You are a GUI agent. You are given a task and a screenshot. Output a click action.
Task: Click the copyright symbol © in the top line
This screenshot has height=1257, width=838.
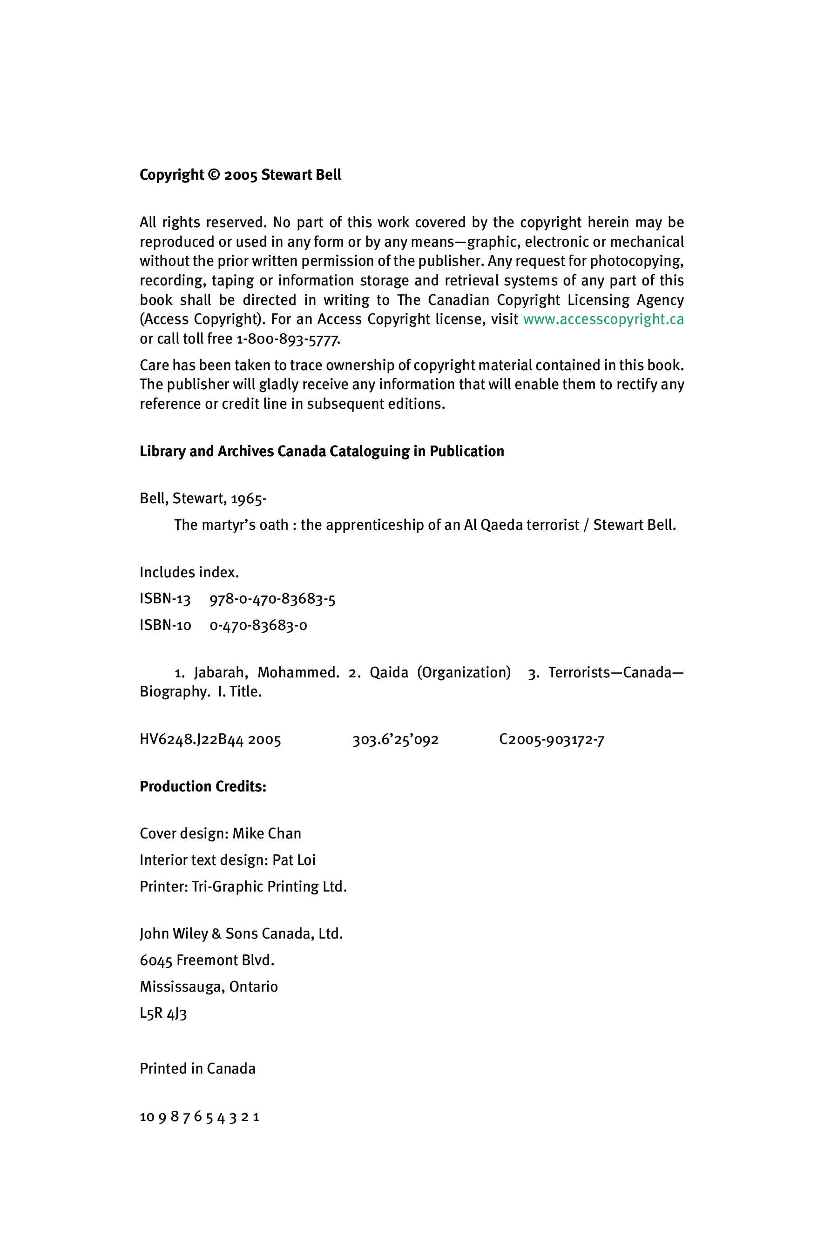213,175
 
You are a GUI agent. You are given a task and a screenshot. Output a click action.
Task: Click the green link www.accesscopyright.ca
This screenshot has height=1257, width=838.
603,319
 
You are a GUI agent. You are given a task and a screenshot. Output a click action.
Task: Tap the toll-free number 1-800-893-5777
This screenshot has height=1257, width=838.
288,339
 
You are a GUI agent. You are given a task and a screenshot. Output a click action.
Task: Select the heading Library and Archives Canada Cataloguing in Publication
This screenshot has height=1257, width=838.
322,451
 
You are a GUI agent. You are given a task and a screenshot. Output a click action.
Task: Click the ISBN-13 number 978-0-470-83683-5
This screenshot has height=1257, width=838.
272,599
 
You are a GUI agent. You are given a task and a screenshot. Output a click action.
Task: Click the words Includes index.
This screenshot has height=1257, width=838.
189,572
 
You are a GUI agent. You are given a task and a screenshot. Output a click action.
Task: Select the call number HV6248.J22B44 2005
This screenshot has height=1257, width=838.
210,740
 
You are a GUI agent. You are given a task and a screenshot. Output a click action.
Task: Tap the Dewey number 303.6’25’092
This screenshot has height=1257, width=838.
395,740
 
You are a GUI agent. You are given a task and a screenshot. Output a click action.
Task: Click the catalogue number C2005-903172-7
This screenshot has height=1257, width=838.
552,740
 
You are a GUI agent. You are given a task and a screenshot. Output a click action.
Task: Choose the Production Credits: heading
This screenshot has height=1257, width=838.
203,786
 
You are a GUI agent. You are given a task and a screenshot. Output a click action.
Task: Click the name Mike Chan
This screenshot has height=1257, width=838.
267,834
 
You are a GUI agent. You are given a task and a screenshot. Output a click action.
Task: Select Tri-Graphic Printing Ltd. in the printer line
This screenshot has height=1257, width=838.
270,886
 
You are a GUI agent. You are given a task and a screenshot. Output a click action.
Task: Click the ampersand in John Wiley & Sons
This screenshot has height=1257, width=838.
216,933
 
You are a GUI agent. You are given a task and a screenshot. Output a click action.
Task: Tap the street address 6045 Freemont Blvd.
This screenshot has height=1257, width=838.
207,960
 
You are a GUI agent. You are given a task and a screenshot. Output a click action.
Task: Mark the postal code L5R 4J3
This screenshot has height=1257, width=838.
163,1014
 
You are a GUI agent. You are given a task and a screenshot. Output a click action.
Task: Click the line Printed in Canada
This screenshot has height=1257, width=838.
198,1068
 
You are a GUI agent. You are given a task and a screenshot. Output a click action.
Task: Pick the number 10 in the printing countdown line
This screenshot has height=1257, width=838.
147,1116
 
